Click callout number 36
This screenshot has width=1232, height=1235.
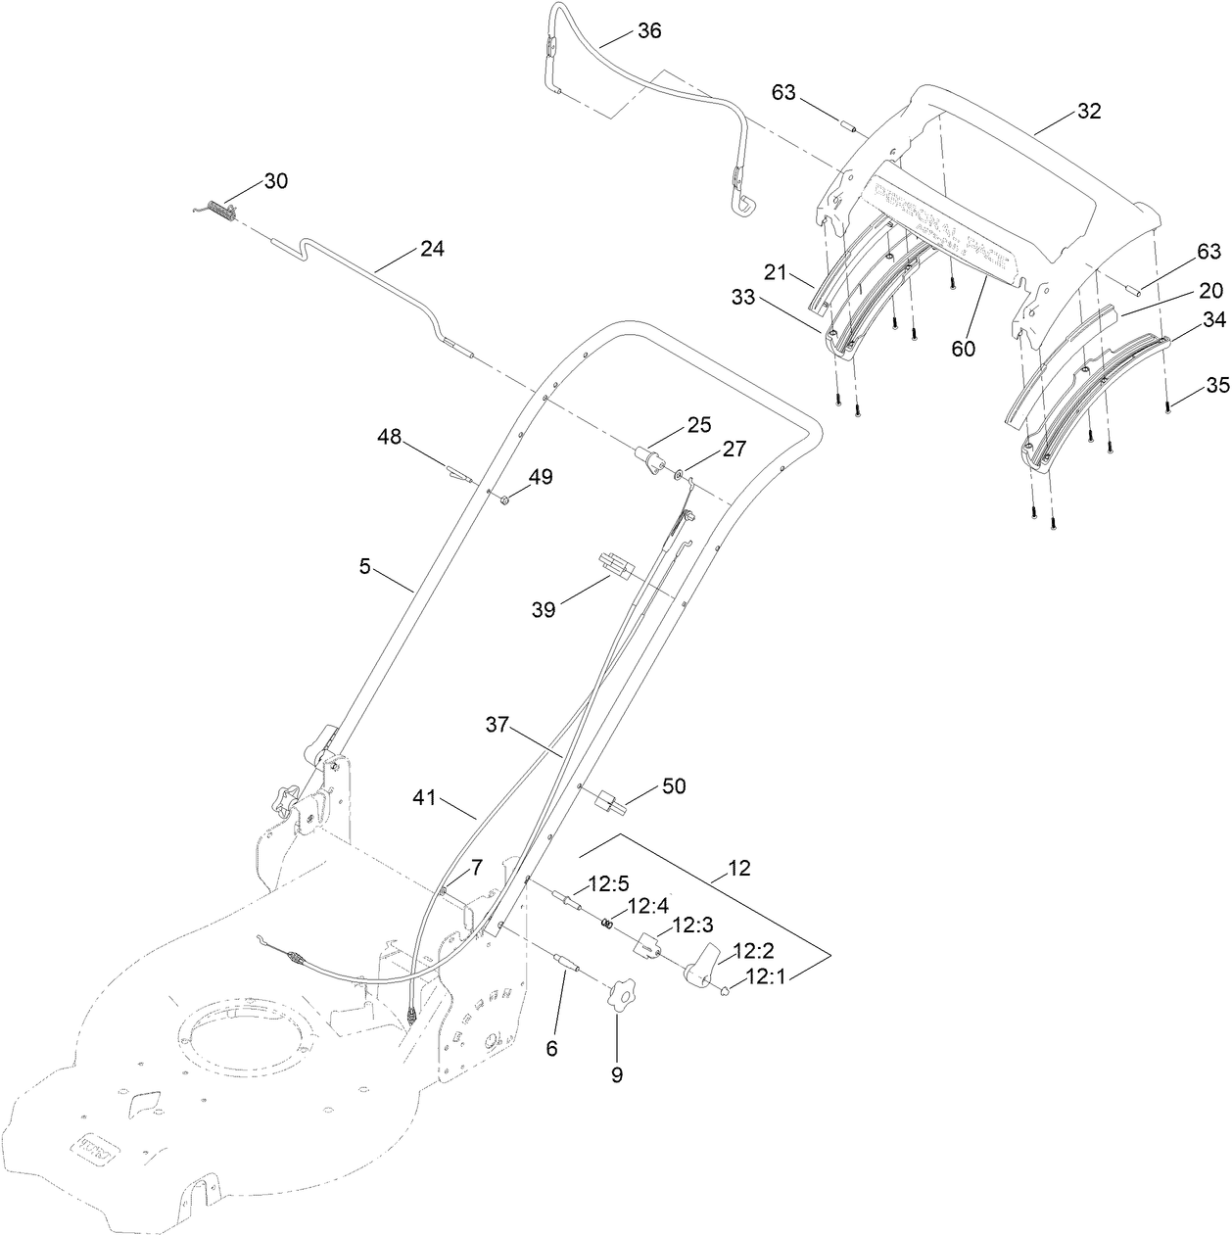648,31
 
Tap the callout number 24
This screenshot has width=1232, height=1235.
432,249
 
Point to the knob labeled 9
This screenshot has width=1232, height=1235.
618,998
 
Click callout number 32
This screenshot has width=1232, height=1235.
1089,112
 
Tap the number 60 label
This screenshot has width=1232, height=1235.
963,347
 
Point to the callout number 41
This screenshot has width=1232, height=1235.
425,800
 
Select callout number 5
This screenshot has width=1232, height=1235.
364,566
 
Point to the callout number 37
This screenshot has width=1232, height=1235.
498,725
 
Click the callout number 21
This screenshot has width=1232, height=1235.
776,273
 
